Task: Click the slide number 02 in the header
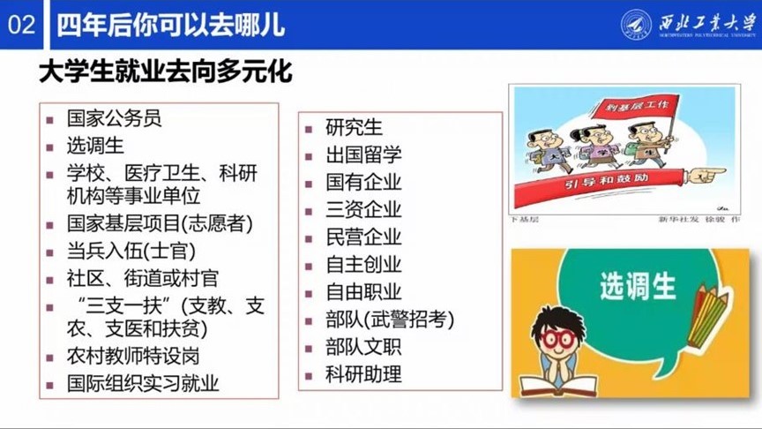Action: point(21,24)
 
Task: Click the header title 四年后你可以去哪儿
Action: point(171,24)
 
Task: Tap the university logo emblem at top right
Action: point(636,24)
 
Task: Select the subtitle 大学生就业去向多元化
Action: point(166,71)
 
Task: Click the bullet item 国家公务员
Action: point(115,118)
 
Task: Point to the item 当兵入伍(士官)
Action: point(131,252)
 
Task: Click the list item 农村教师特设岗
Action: point(133,357)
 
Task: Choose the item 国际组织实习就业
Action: point(143,383)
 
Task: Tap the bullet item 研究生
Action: point(354,128)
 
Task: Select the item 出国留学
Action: point(363,155)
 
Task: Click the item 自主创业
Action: point(363,264)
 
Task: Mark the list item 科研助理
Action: point(363,373)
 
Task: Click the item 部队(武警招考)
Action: point(390,319)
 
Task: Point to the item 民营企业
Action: point(363,237)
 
